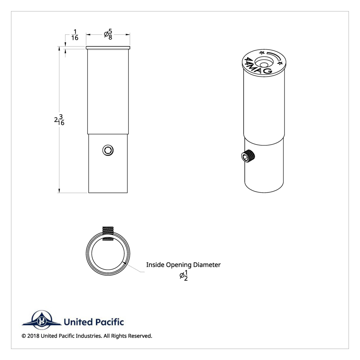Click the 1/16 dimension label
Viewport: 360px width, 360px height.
pyautogui.click(x=75, y=35)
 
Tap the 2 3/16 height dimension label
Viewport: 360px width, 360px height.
pyautogui.click(x=59, y=120)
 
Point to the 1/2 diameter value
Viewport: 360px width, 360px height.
pyautogui.click(x=184, y=275)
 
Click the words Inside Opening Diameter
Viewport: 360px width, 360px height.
pyautogui.click(x=183, y=265)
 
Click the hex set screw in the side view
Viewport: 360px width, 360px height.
pyautogui.click(x=108, y=150)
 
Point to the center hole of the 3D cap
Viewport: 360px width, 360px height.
pyautogui.click(x=264, y=64)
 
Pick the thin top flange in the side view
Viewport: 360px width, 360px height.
pyautogui.click(x=108, y=48)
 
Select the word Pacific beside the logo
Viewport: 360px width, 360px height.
pyautogui.click(x=109, y=322)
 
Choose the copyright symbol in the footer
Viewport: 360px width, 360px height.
pyautogui.click(x=24, y=336)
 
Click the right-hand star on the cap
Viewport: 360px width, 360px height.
pyautogui.click(x=280, y=63)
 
